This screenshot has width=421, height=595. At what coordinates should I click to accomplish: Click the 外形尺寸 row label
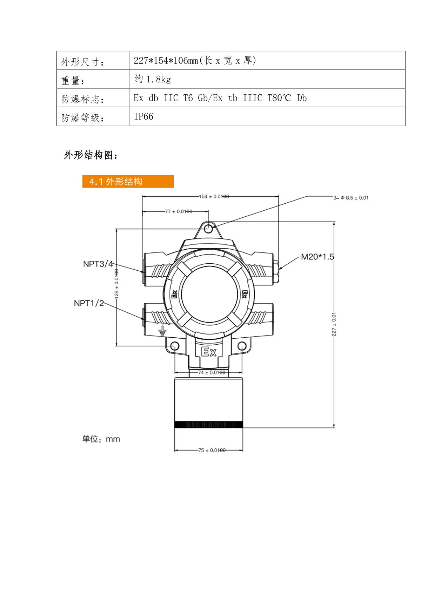click(x=82, y=62)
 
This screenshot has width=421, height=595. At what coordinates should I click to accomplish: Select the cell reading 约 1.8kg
click(x=153, y=79)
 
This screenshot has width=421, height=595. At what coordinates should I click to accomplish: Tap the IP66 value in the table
click(x=143, y=116)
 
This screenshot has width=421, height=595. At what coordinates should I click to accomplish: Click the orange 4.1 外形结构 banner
click(x=128, y=181)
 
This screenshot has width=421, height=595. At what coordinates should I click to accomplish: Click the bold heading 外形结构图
click(x=91, y=155)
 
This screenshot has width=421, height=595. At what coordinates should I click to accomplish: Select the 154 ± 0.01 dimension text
click(x=214, y=197)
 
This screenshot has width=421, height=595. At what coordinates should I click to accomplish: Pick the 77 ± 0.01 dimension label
click(x=179, y=211)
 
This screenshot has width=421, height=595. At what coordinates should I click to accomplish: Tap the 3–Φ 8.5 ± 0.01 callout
click(x=351, y=198)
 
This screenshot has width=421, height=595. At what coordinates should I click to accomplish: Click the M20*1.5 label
click(x=318, y=257)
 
